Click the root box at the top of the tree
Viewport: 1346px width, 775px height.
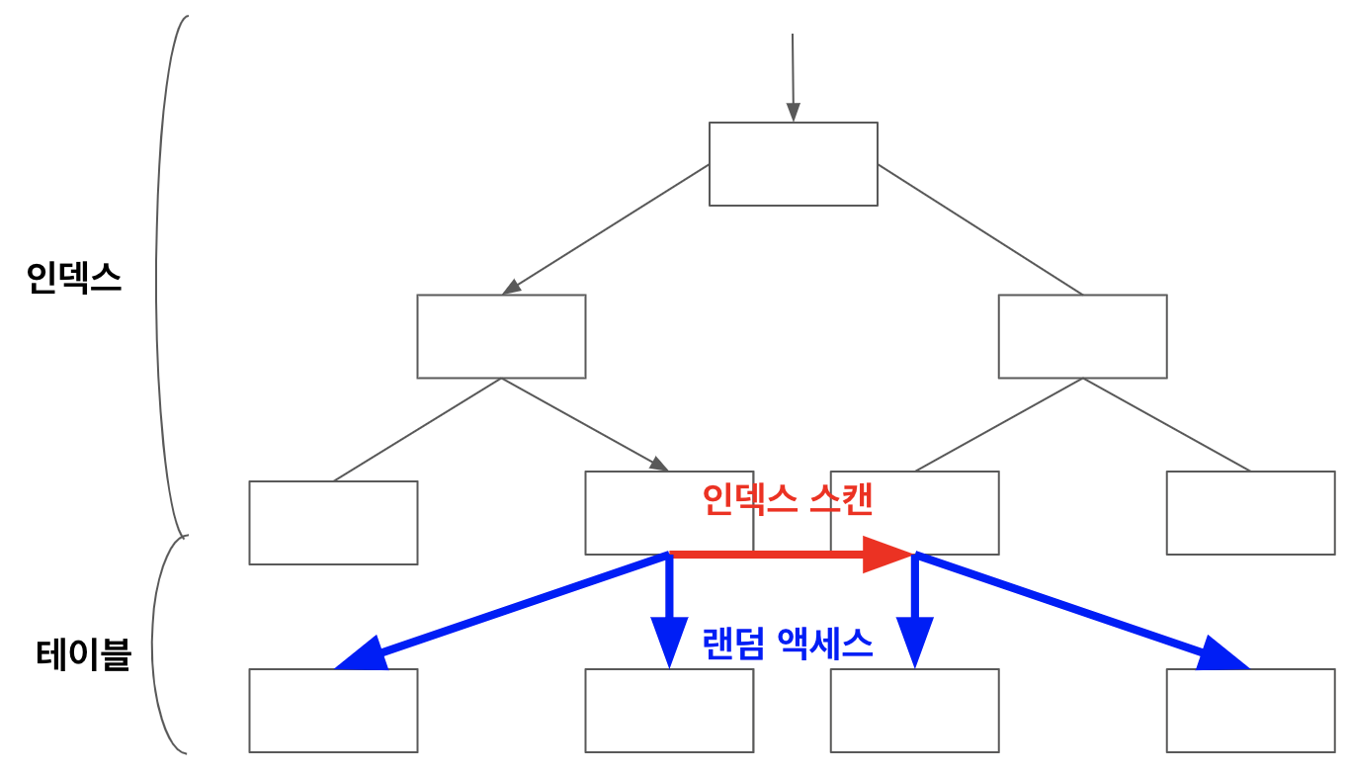coord(793,164)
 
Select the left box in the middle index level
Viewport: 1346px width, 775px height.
coord(501,336)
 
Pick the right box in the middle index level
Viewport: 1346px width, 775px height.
coord(1082,336)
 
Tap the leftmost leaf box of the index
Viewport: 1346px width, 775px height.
coord(333,522)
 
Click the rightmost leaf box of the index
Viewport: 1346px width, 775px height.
coord(1250,512)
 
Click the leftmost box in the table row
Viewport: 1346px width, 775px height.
coord(333,710)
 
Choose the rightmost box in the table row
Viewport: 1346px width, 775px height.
coord(1250,710)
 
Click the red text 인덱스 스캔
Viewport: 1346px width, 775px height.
coord(787,499)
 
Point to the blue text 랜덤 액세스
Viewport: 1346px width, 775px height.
coord(787,645)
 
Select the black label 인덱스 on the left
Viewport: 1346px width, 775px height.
coord(74,279)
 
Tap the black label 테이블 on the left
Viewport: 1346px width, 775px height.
coord(83,654)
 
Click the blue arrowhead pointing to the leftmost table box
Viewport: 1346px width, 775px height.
coord(361,654)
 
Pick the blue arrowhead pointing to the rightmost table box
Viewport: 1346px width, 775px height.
coord(1223,654)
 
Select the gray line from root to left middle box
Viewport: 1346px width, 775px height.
coord(605,229)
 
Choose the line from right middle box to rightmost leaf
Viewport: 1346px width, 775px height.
coord(1166,424)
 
